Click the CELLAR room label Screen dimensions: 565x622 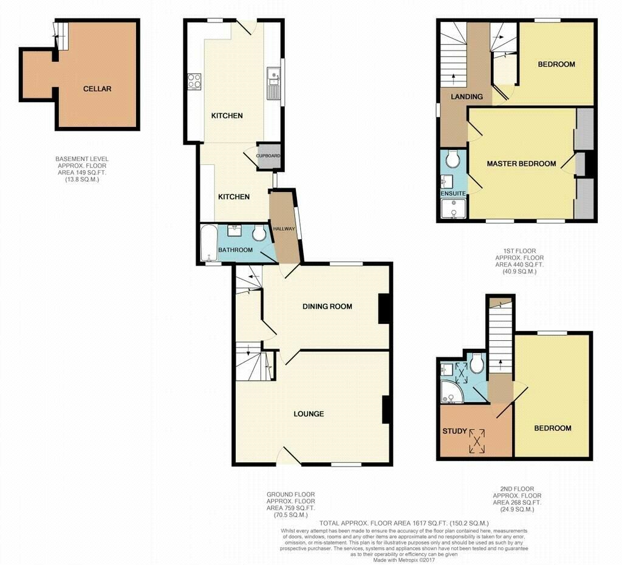97,89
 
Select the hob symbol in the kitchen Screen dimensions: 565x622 194,81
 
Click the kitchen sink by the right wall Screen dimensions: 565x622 274,81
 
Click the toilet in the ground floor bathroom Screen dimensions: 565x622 259,233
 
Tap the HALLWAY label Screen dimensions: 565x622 284,228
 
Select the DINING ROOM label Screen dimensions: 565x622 327,306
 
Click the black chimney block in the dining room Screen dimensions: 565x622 384,309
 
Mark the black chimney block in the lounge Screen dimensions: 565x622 386,409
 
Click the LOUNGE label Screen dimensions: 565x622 309,414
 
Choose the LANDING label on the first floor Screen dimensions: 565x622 466,97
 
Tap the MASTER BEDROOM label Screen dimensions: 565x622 521,163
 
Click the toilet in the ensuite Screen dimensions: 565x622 452,159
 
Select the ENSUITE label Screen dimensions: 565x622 453,193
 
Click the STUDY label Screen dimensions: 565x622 454,431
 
